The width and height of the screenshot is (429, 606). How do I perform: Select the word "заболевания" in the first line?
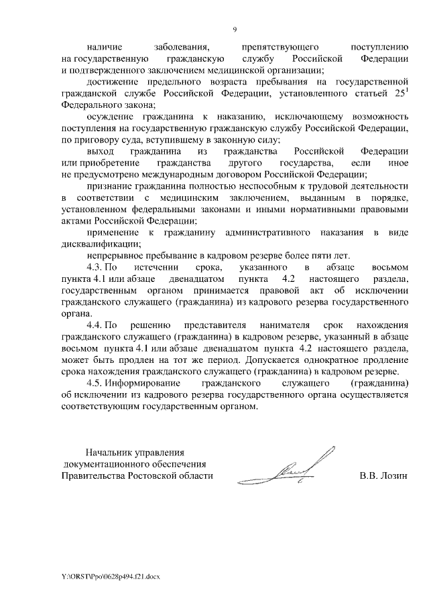click(x=182, y=48)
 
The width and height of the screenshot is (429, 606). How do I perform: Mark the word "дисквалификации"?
click(x=94, y=243)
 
